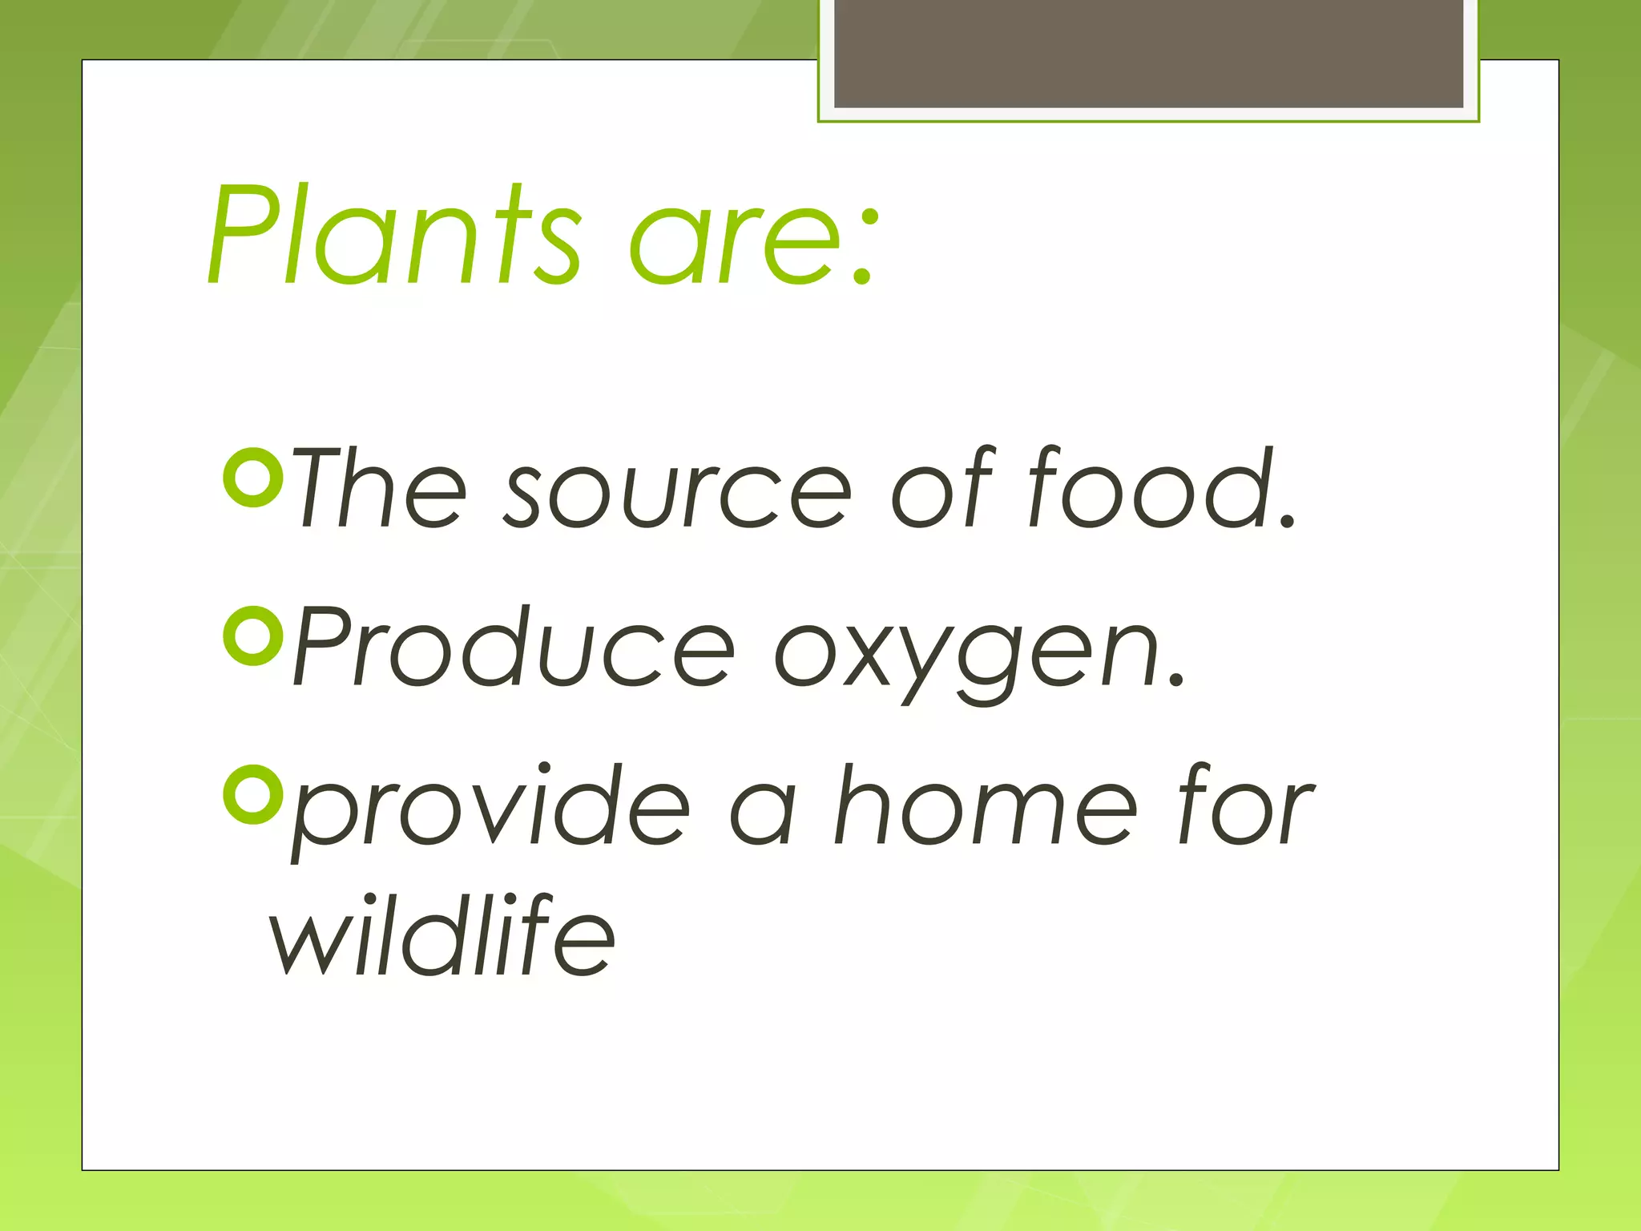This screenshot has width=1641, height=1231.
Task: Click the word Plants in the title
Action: coord(393,236)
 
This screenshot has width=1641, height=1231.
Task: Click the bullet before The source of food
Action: coord(252,478)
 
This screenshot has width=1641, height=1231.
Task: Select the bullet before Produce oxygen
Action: coord(252,636)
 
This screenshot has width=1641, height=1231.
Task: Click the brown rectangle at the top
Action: coord(1148,52)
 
